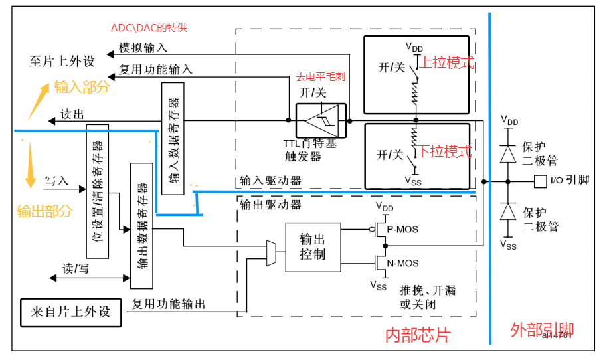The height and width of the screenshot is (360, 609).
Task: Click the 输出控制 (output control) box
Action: [313, 246]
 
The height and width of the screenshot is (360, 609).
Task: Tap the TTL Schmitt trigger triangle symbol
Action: [321, 120]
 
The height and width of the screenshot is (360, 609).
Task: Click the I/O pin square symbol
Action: [539, 181]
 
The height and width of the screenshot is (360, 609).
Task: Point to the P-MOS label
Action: [402, 229]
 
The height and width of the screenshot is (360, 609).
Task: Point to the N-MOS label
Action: [402, 264]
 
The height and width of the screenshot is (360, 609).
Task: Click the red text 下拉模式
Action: [446, 151]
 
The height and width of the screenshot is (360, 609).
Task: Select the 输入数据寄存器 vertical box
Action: [173, 139]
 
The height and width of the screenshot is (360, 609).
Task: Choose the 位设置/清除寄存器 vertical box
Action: [97, 191]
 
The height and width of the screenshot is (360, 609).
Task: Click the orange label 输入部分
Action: [82, 87]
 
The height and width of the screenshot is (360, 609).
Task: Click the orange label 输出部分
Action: [44, 211]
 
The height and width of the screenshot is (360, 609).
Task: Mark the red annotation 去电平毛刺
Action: [322, 77]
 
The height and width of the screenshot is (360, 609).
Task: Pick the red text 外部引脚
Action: [542, 330]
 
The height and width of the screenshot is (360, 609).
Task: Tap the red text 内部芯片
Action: [417, 335]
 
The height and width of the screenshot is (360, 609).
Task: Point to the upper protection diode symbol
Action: [509, 155]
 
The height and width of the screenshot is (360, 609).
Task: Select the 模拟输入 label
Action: [143, 48]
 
